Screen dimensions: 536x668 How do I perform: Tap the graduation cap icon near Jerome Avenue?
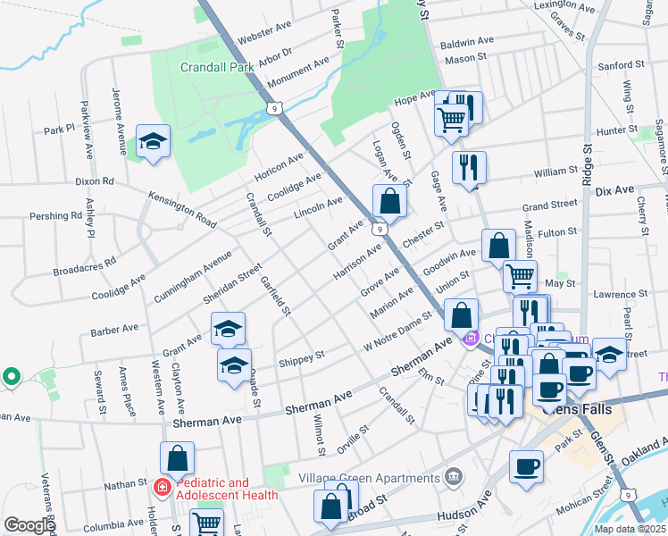(153, 141)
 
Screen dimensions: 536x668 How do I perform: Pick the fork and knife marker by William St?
(469, 167)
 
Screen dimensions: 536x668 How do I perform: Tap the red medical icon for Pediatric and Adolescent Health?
(163, 489)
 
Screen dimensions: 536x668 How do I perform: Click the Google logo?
(29, 525)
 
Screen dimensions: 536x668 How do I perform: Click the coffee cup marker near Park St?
(526, 466)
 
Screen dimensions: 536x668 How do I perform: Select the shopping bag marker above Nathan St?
(178, 458)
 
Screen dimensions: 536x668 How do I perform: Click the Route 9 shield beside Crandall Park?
(272, 108)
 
